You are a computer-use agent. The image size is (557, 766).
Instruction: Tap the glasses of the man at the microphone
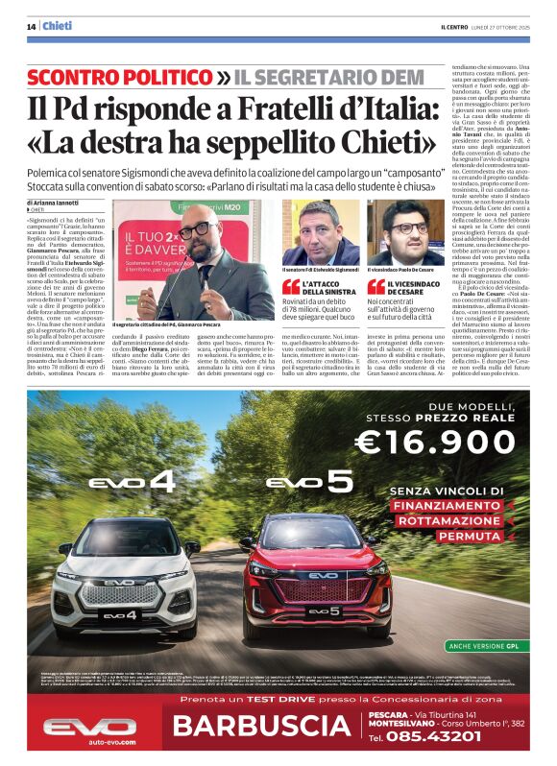(x=195, y=230)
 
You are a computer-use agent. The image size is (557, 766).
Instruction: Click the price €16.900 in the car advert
(x=449, y=441)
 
